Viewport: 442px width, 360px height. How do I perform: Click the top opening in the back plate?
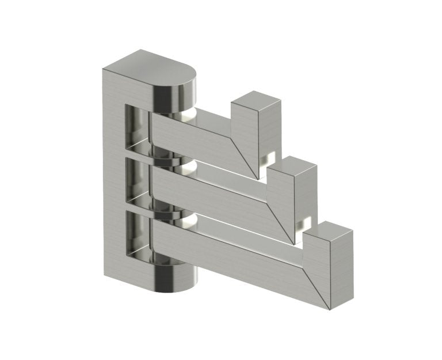pos(136,123)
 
